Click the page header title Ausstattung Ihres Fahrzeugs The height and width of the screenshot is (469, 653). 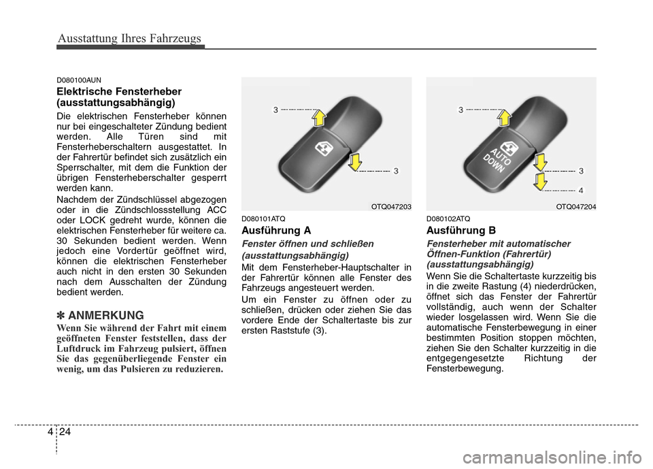click(129, 38)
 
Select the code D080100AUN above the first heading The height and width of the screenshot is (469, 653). click(79, 80)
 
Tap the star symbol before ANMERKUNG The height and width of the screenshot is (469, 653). click(61, 316)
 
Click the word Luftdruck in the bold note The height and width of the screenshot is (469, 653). click(81, 349)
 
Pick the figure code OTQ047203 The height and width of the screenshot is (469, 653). click(390, 206)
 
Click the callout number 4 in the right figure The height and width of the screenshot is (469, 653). click(581, 189)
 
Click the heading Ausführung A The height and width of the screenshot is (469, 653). click(275, 230)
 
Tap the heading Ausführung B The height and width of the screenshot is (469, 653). click(461, 230)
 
